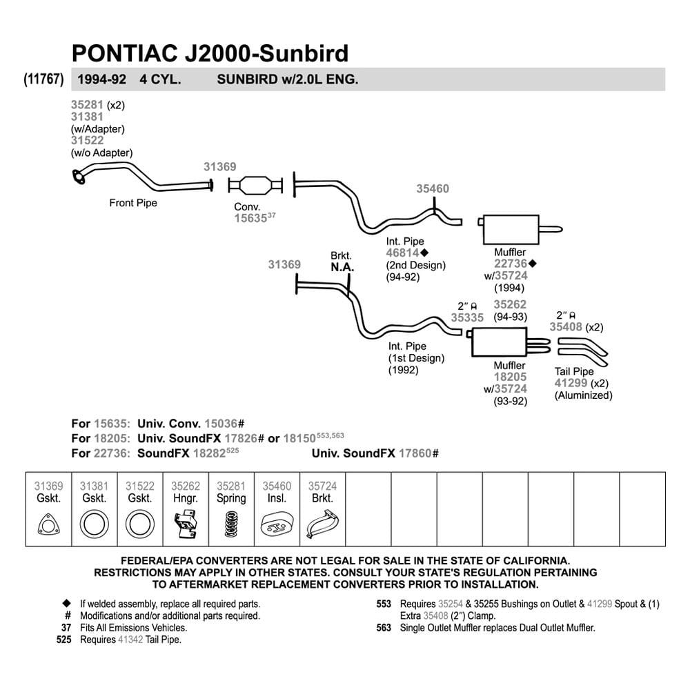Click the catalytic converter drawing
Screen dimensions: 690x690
click(x=255, y=185)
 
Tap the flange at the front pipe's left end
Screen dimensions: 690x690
click(x=79, y=177)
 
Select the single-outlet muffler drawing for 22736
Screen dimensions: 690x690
click(x=520, y=229)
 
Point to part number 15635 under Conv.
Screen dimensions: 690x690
click(x=250, y=218)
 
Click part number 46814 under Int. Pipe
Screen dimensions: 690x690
click(x=403, y=253)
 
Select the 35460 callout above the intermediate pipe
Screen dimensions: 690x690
click(x=433, y=189)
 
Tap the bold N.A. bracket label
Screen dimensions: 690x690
click(x=342, y=267)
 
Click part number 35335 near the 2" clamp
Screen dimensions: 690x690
click(x=467, y=317)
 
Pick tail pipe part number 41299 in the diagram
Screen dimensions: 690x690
click(x=571, y=383)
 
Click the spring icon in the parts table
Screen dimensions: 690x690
click(x=231, y=524)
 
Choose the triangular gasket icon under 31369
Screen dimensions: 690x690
click(x=48, y=524)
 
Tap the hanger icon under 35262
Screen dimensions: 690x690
click(x=186, y=524)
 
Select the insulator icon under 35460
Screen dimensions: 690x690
click(x=277, y=524)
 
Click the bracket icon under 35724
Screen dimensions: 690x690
click(x=323, y=524)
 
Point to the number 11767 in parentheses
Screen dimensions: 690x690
click(x=43, y=79)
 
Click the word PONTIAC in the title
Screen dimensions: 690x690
click(x=124, y=53)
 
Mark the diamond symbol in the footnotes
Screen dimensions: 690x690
click(x=66, y=603)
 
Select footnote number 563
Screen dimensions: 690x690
click(x=384, y=628)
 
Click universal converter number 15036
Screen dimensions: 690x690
click(x=221, y=424)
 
